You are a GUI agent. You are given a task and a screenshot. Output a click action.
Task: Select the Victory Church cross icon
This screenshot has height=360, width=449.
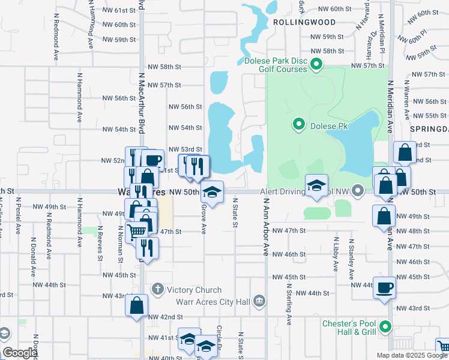158,290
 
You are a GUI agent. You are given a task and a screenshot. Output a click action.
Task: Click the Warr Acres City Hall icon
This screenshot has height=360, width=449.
259,300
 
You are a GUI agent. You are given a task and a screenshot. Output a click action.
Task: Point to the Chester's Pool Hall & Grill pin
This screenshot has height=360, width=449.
385,327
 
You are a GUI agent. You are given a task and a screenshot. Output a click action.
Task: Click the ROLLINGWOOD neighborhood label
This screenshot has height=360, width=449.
295,22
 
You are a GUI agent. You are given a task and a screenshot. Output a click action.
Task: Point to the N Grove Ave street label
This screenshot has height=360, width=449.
203,218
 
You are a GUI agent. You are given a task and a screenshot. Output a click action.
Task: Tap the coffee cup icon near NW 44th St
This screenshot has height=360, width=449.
384,287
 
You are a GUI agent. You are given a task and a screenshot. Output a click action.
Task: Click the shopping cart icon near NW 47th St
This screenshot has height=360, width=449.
137,231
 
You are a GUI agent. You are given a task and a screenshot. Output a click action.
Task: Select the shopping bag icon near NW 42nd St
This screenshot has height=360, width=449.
137,305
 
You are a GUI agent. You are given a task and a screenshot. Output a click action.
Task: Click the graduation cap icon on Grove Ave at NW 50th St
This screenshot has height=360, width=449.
211,192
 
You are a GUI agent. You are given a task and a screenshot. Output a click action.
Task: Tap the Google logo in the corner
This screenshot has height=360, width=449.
19,353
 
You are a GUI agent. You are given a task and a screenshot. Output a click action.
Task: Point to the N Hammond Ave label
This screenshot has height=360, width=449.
79,99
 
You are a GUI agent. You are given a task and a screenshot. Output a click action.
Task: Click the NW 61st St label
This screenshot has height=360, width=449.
116,11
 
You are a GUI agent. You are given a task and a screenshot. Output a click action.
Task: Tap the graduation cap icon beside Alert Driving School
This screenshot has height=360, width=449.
316,185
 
